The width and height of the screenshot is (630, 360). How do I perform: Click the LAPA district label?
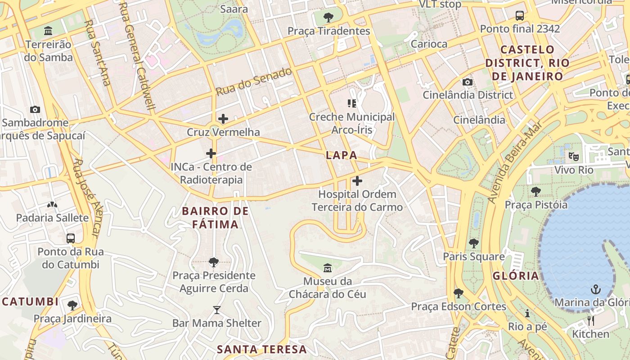coord(341,155)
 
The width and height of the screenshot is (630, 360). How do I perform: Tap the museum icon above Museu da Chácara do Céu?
coord(328,268)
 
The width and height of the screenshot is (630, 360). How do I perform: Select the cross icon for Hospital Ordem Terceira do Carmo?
coord(357,181)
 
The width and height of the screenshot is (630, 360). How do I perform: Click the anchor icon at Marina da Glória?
coord(596,289)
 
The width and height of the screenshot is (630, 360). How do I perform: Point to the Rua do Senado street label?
coord(254,81)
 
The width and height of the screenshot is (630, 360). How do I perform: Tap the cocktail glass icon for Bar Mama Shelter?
coord(217,310)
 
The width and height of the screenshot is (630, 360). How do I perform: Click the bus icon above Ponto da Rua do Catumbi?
coord(71,238)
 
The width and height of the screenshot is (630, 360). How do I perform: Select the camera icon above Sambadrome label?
coord(35,109)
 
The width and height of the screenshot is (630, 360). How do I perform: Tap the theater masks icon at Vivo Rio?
coord(573,157)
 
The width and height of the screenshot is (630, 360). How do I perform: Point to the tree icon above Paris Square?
coord(473,243)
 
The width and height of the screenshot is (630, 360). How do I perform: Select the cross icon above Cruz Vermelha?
coord(223,119)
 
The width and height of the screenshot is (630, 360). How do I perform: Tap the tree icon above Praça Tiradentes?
coord(328,18)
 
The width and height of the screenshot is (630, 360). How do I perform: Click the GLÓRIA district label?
coord(516,276)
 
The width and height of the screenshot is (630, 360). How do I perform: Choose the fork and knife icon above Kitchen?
coord(591,320)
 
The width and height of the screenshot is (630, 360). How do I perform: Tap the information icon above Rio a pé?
coord(527,313)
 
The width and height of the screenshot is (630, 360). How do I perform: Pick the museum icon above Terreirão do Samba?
coord(48,31)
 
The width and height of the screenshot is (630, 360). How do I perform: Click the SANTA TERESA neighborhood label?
coord(262,349)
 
